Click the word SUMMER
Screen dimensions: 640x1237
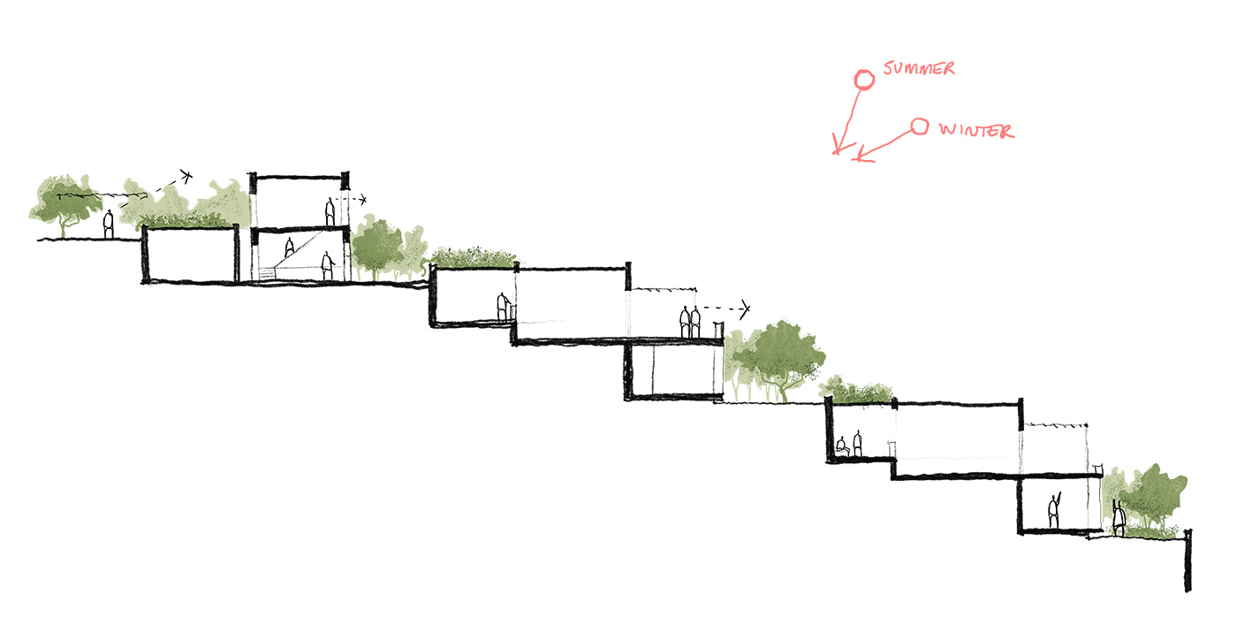[x=919, y=68]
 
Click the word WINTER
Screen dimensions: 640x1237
[x=975, y=131]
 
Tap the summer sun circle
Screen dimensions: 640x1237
[x=863, y=80]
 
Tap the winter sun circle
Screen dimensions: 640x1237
[x=920, y=127]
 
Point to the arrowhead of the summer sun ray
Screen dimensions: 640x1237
[x=837, y=150]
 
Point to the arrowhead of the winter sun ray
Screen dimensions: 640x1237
[x=859, y=159]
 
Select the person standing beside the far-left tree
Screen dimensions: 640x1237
[x=109, y=225]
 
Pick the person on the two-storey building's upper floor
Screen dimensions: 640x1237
[x=330, y=212]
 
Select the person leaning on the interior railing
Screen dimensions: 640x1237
[x=503, y=307]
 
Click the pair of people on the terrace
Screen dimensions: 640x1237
[x=690, y=321]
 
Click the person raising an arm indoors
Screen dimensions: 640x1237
[x=1053, y=512]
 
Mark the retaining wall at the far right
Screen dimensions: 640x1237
[x=1188, y=560]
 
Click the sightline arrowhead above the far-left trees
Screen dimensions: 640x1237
[x=186, y=175]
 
